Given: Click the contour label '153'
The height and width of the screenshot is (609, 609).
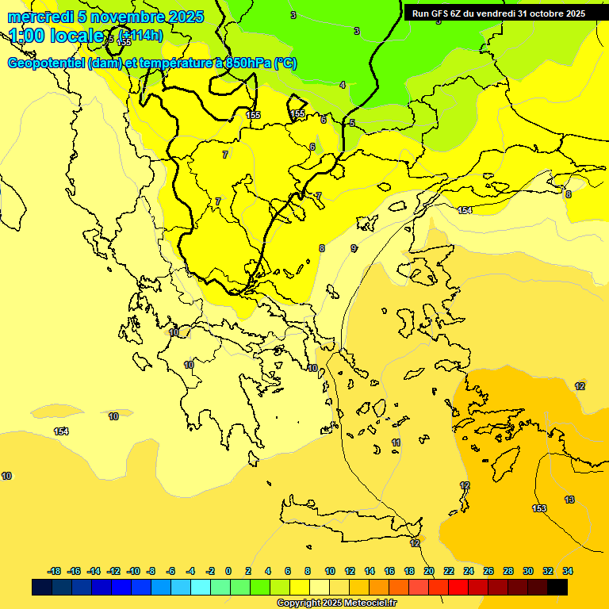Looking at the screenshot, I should [539, 508].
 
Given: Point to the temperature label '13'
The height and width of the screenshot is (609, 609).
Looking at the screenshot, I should [569, 500].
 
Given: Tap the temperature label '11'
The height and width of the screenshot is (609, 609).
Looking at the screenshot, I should [396, 442].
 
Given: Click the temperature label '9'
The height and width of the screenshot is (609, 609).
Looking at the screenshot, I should [354, 248].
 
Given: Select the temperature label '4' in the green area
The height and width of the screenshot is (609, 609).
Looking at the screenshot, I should [343, 85].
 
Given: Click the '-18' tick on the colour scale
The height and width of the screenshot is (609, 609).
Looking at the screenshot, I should [55, 571].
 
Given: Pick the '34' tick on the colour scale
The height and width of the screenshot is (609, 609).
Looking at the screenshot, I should [568, 571].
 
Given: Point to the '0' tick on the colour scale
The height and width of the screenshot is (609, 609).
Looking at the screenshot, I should [228, 571].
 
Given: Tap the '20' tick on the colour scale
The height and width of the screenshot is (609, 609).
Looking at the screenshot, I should [429, 571].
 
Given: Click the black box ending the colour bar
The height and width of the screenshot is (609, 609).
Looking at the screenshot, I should [557, 587].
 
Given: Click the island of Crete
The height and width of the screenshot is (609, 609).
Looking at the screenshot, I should [349, 515].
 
